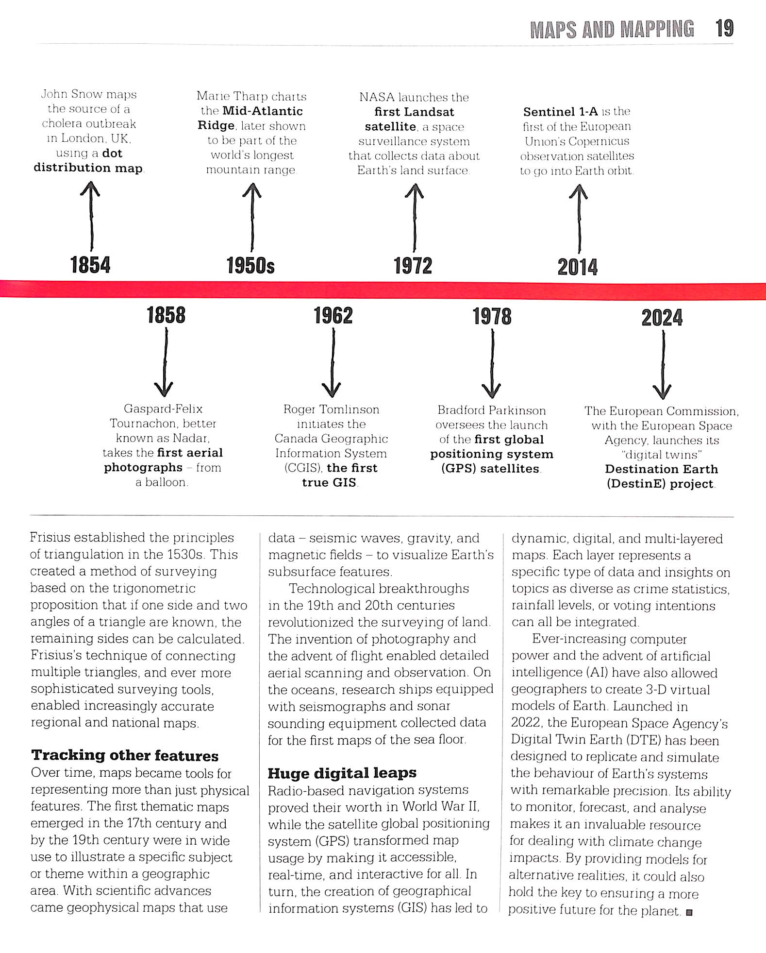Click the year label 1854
[x=90, y=265]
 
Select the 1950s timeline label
[x=250, y=266]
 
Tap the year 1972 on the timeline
[x=413, y=266]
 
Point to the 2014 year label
[x=578, y=267]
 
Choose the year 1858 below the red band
[x=166, y=315]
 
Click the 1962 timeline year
[x=333, y=316]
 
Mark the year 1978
[x=492, y=317]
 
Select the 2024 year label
[x=662, y=318]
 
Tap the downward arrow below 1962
[x=332, y=363]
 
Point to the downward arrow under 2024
[x=663, y=365]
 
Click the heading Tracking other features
[x=125, y=755]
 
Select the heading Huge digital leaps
[x=342, y=773]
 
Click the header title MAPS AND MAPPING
[x=612, y=30]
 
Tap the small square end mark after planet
[x=689, y=912]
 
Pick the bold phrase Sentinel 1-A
[x=560, y=112]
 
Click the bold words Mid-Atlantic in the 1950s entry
[x=263, y=111]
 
